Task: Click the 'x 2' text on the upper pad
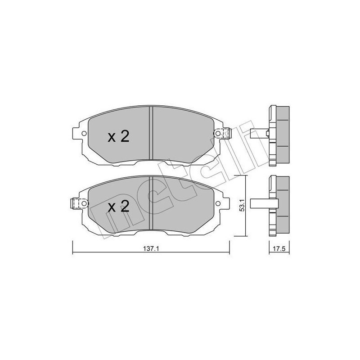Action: point(118,136)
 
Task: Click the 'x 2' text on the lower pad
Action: point(118,207)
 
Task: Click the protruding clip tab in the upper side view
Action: point(257,133)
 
